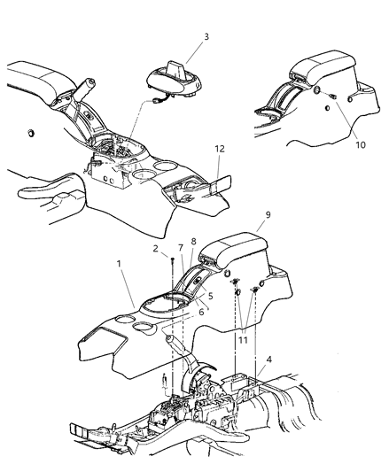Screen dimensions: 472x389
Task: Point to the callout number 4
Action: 268,360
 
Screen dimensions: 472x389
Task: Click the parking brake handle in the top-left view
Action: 89,96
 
